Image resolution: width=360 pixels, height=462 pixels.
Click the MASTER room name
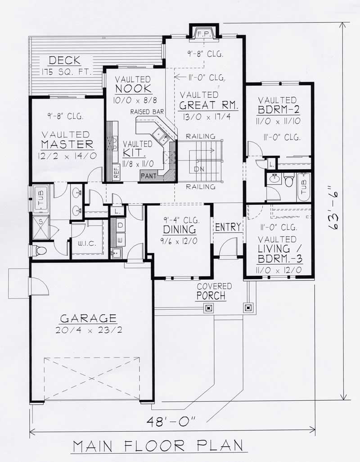point(67,145)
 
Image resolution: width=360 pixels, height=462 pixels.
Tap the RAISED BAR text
point(147,112)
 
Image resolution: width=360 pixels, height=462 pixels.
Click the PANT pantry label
point(148,176)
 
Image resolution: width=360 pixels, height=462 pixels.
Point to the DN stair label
point(199,169)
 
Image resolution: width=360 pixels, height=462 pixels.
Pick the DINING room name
point(179,230)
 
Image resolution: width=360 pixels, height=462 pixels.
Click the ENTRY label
point(228,227)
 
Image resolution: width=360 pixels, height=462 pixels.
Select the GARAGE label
point(88,318)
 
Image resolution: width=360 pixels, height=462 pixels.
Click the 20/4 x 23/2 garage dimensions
point(88,330)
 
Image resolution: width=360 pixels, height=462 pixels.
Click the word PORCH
point(211,296)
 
